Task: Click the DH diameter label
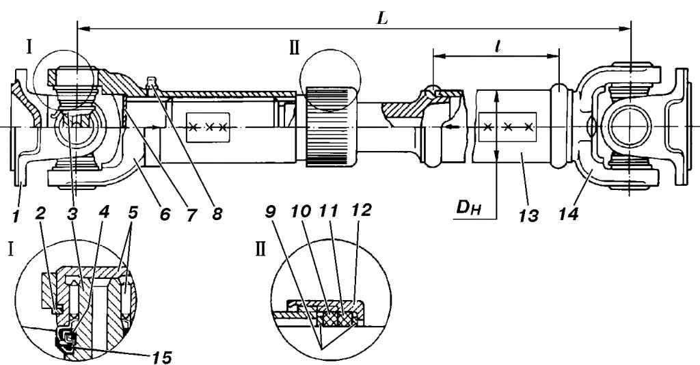[468, 208]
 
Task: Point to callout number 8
[217, 215]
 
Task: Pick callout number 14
[568, 215]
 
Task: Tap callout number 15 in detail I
[161, 357]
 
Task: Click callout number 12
[360, 210]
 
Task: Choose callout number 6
[164, 215]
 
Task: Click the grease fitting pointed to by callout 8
[152, 83]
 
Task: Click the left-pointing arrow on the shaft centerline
[454, 127]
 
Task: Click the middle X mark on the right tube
[508, 127]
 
